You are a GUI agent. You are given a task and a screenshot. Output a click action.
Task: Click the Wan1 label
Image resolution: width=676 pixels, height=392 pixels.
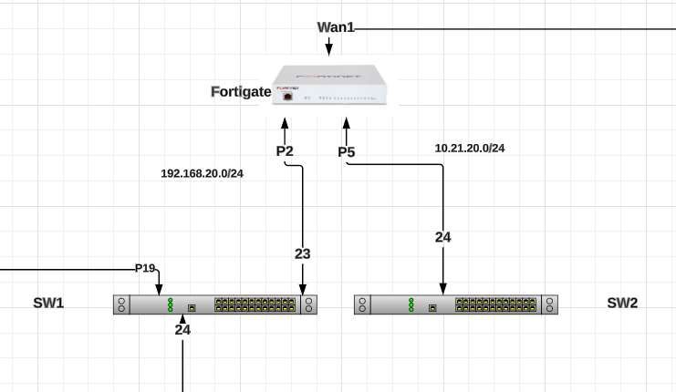pos(335,27)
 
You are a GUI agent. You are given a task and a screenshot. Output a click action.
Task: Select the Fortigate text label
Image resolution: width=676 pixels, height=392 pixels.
pos(241,91)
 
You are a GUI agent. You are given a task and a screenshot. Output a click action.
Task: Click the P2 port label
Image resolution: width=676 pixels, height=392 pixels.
pos(285,151)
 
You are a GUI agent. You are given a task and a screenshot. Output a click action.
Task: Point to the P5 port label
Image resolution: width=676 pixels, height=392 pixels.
pos(346,151)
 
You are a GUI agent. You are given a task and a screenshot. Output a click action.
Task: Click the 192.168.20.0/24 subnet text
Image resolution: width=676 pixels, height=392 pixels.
pos(202,173)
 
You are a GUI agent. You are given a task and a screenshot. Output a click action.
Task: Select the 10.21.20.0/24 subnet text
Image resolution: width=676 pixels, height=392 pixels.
pos(469,148)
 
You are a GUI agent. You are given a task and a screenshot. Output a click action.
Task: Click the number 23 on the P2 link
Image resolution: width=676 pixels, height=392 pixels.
pos(303,254)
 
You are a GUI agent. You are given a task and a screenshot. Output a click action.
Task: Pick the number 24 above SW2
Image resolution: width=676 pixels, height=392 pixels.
pos(442,237)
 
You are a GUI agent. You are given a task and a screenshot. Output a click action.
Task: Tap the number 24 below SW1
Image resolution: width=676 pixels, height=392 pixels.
pos(182,330)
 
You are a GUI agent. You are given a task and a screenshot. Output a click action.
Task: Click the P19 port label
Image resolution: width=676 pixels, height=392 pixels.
pos(145,268)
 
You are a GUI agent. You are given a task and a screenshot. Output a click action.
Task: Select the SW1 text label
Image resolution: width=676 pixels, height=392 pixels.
pos(49,303)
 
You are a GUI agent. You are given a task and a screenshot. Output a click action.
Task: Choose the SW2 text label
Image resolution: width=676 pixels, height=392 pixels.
pos(622,303)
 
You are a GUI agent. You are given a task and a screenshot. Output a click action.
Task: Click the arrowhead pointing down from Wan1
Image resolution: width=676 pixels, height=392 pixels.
pos(329,48)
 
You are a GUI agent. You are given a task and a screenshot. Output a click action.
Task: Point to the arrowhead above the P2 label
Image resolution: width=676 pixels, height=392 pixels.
pos(286,123)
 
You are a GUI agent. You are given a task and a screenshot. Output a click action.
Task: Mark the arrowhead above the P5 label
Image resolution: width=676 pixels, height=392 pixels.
pos(346,123)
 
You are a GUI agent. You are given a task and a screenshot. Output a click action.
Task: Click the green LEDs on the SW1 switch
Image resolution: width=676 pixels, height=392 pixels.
pos(170,304)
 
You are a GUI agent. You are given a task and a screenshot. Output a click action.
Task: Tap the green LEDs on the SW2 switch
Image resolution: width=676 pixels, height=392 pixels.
pos(411,304)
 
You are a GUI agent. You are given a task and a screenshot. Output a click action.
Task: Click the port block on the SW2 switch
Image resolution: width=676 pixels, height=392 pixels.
pos(494,304)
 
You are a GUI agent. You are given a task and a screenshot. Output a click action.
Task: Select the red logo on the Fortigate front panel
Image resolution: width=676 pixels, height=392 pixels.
pos(287,96)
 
